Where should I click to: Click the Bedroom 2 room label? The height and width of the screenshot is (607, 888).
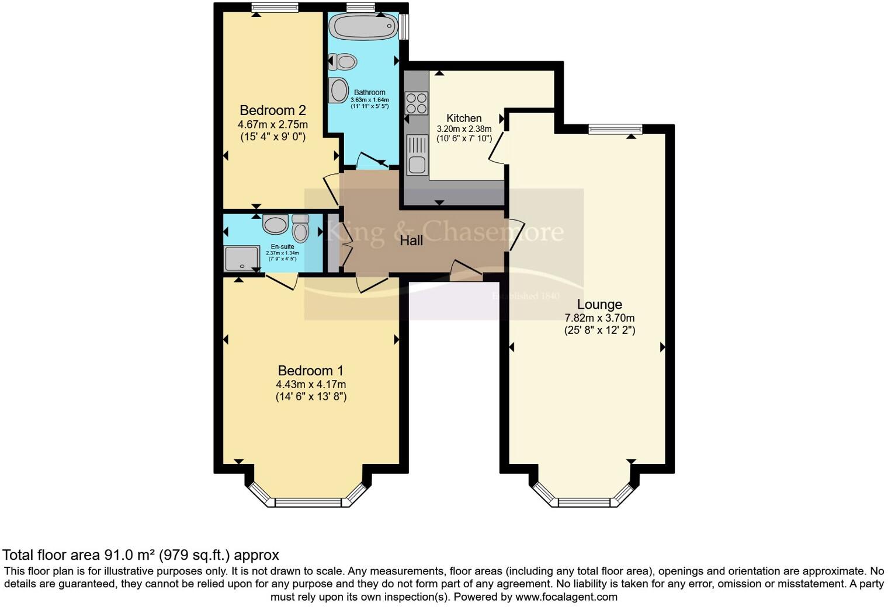272,110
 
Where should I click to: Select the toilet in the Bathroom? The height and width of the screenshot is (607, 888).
343,61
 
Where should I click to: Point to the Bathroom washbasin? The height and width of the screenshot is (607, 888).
338,90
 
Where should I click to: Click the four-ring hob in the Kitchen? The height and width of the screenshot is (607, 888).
417,103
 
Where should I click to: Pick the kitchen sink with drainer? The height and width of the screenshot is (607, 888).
417,155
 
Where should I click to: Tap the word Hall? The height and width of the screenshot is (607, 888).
411,240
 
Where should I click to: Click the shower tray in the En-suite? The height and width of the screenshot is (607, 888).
242,259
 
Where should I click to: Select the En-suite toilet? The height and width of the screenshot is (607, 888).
300,228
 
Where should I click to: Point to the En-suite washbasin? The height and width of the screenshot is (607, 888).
273,224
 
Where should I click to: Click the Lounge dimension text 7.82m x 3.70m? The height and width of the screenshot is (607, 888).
599,318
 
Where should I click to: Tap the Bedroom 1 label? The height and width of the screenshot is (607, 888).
310,371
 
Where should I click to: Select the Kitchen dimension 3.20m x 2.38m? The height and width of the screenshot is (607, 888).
464,129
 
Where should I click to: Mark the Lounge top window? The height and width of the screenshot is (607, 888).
615,129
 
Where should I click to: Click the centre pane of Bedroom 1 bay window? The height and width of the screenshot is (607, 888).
308,502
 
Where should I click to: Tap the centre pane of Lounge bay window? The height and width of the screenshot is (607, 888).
585,502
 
